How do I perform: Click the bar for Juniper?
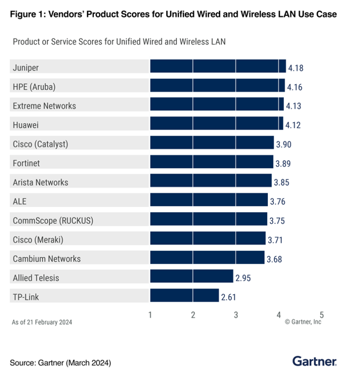pyautogui.click(x=217, y=66)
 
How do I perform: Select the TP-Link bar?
pyautogui.click(x=184, y=296)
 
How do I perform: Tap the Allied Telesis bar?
pyautogui.click(x=192, y=276)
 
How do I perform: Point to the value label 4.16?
pyautogui.click(x=294, y=87)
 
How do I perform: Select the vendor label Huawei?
pyautogui.click(x=26, y=125)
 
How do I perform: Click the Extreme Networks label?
pyautogui.click(x=44, y=106)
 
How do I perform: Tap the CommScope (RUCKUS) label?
pyautogui.click(x=48, y=220)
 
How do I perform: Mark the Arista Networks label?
pyautogui.click(x=41, y=182)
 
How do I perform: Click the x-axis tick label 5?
pyautogui.click(x=321, y=315)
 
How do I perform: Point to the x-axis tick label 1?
pyautogui.click(x=151, y=315)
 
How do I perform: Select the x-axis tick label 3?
pyautogui.click(x=236, y=315)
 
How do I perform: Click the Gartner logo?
pyautogui.click(x=314, y=362)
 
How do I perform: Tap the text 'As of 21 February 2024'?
pyautogui.click(x=42, y=322)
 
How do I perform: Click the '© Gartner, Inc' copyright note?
pyautogui.click(x=303, y=322)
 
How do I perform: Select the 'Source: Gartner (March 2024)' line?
pyautogui.click(x=60, y=363)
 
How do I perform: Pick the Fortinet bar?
pyautogui.click(x=212, y=162)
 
